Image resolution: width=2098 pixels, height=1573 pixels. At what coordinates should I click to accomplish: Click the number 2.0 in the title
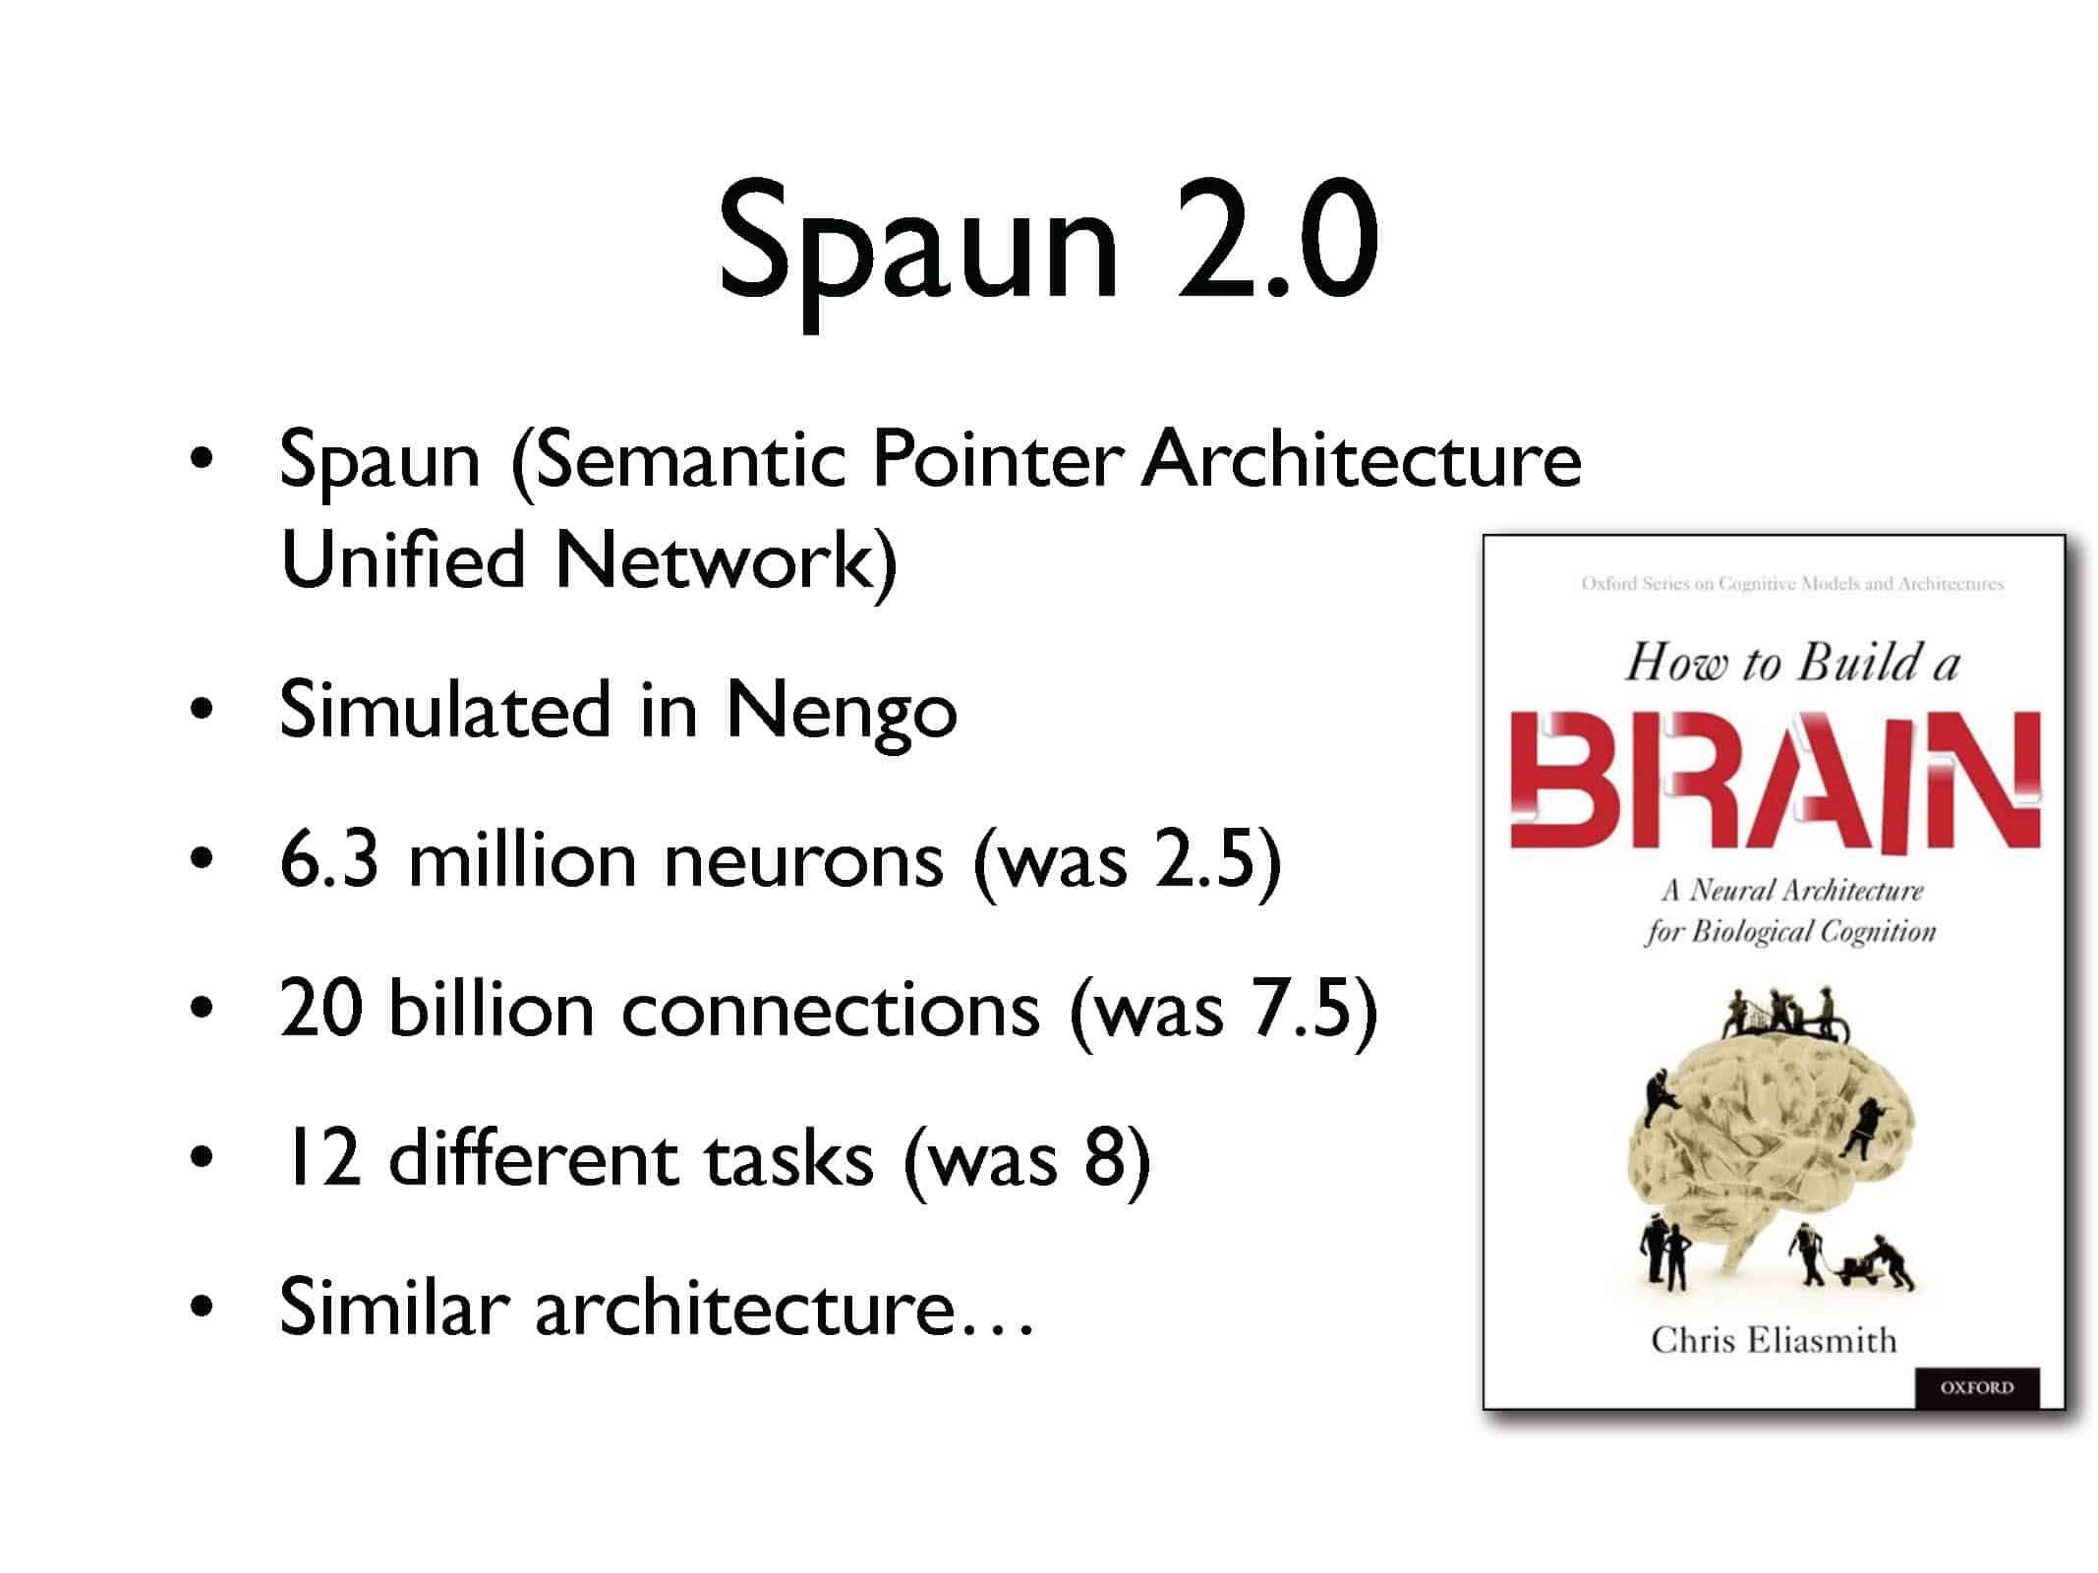1276,241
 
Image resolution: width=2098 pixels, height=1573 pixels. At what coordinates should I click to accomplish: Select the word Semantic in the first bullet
691,460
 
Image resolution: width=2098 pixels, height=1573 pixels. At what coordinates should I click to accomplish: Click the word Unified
403,559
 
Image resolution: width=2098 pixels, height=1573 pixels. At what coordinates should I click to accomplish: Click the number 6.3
329,860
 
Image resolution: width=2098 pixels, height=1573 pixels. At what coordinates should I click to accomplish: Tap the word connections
831,1011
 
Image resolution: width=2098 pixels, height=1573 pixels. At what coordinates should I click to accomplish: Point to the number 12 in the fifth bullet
321,1158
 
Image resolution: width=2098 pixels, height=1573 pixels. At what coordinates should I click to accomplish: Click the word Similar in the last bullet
394,1308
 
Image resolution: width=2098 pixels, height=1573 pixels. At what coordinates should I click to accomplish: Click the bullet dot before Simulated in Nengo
202,711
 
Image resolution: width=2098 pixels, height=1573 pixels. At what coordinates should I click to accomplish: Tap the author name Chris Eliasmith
1774,1341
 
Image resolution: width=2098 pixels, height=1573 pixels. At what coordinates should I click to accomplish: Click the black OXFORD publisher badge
1977,1387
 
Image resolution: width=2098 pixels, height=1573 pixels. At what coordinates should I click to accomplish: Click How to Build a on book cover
1792,663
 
